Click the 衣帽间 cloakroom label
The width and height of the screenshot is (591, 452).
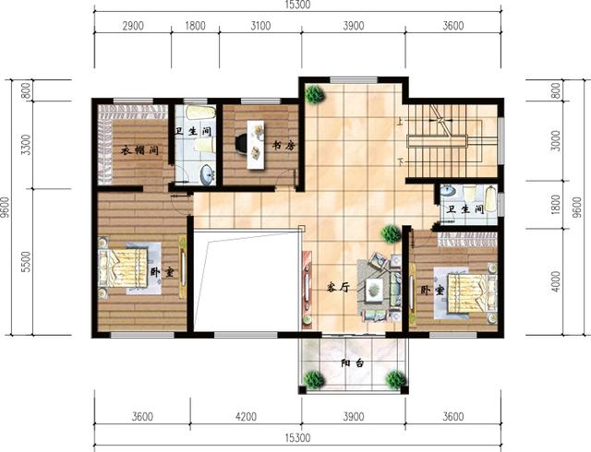139,150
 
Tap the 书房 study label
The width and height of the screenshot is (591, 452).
283,145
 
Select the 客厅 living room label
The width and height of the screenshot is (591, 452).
338,287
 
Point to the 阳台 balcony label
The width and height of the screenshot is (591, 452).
353,363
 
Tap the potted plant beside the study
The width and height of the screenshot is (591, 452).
315,94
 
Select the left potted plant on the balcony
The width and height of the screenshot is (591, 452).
314,378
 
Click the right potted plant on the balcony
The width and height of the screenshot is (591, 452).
396,378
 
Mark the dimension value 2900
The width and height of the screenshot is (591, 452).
132,26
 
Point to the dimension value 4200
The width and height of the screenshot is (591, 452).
245,416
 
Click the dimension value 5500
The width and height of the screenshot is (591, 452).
26,261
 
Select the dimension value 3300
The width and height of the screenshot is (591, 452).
26,145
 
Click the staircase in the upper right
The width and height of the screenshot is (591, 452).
452,138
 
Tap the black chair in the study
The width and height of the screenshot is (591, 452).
242,144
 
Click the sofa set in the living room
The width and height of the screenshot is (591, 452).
379,285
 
